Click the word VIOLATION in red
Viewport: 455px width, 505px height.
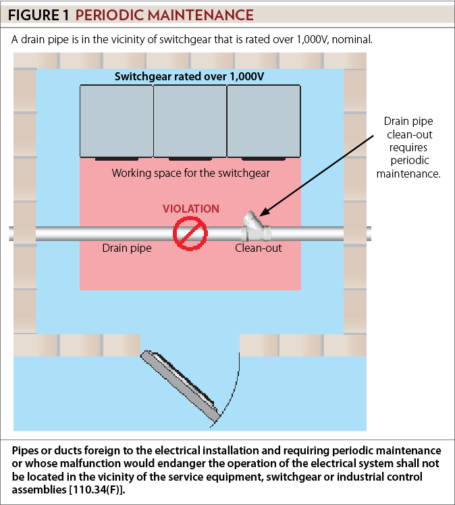(191, 209)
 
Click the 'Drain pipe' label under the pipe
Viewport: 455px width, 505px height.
(126, 248)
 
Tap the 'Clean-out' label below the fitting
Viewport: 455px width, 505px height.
(259, 248)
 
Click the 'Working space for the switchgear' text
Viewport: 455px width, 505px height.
(190, 173)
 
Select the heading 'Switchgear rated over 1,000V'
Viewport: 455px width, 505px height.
(190, 76)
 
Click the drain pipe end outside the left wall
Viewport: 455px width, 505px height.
(11, 233)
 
